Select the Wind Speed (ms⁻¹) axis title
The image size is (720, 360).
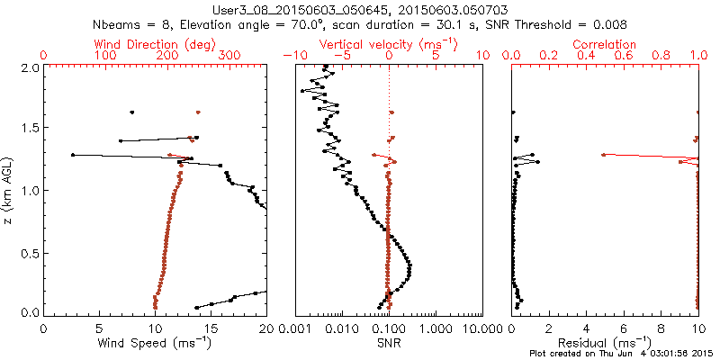click(x=155, y=342)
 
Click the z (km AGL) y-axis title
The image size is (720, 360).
click(x=11, y=190)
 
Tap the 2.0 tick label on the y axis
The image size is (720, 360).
click(x=30, y=67)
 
